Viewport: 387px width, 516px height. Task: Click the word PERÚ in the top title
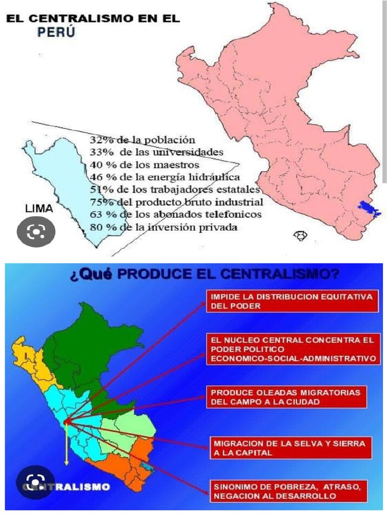pyautogui.click(x=57, y=33)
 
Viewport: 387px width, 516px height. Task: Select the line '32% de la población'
pyautogui.click(x=142, y=140)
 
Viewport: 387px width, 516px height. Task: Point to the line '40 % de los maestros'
pyautogui.click(x=144, y=164)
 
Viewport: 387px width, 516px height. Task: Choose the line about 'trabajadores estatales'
pyautogui.click(x=174, y=189)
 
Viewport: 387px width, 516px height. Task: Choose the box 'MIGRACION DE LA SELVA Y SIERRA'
pyautogui.click(x=290, y=448)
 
